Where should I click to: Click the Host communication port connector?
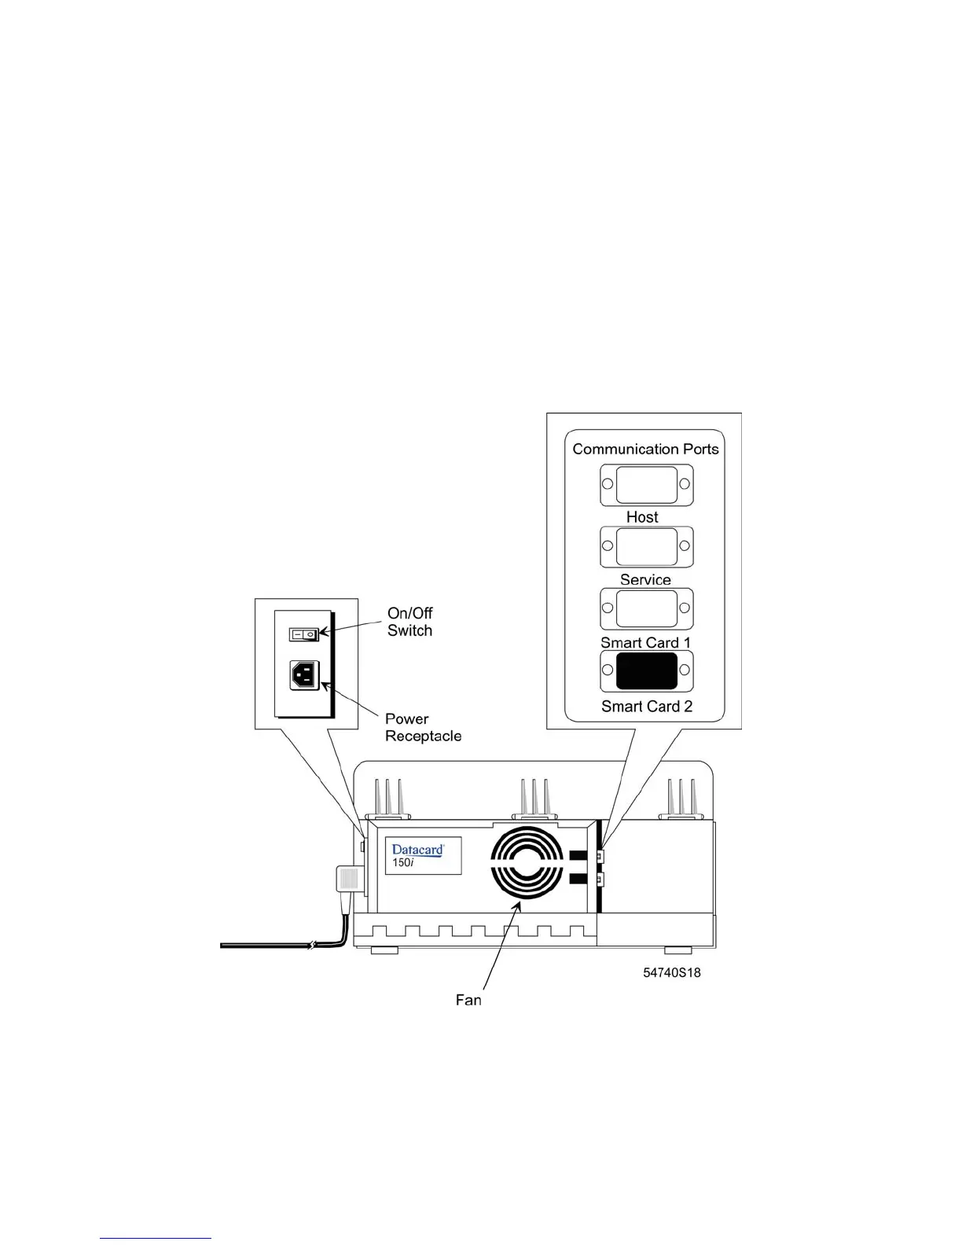tap(646, 485)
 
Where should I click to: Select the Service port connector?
tap(646, 547)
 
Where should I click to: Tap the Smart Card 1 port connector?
tap(646, 608)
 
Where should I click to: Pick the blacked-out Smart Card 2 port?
tap(646, 670)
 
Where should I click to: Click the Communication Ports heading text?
tap(645, 449)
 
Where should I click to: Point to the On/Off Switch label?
tap(409, 622)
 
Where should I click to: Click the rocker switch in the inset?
tap(303, 634)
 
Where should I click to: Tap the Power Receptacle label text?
tap(423, 728)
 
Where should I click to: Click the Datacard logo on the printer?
tap(417, 850)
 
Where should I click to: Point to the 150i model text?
tap(403, 863)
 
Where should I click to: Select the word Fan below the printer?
tap(468, 1000)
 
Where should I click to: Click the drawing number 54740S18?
tap(672, 972)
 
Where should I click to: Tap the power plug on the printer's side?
tap(349, 880)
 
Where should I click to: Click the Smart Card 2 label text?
tap(647, 707)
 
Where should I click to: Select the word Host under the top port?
tap(642, 517)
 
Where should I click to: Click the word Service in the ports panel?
tap(645, 580)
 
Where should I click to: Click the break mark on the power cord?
tap(311, 945)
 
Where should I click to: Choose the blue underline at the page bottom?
tap(156, 1239)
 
